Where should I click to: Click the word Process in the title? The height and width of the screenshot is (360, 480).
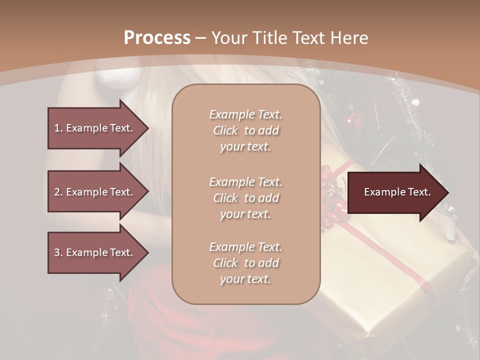tap(157, 38)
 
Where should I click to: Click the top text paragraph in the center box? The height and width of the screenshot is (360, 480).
tap(246, 130)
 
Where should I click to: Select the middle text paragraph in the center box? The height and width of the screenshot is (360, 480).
tap(246, 198)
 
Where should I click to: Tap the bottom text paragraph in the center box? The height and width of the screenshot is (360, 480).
tap(246, 263)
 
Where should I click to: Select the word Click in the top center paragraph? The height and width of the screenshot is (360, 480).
tap(225, 130)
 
